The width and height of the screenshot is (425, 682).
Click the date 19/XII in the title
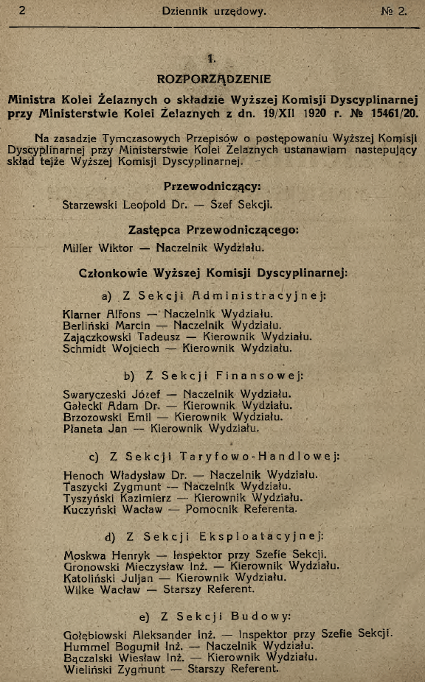point(294,113)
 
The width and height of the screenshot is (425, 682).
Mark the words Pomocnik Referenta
point(246,509)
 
